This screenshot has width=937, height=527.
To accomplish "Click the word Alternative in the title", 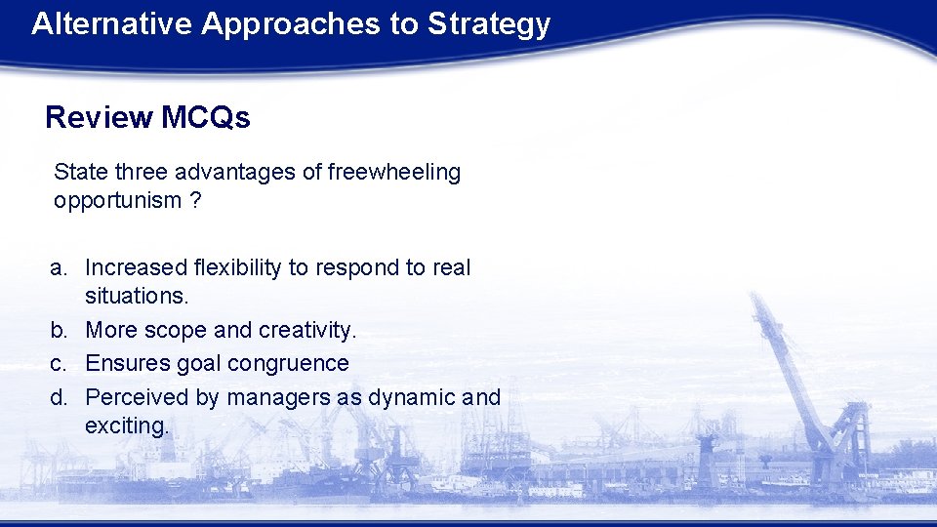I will tap(111, 23).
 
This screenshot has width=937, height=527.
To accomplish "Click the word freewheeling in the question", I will tap(394, 173).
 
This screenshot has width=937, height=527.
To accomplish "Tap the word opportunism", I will tap(117, 202).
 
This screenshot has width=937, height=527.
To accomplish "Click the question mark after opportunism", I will tap(195, 201).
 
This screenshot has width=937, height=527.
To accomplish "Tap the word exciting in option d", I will tap(127, 426).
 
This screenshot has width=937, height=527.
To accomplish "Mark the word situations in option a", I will tap(135, 296).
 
